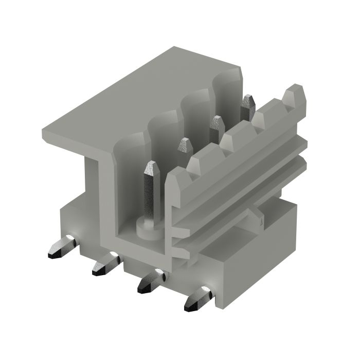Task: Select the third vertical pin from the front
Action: [x=217, y=124]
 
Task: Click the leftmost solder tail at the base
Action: [x=62, y=247]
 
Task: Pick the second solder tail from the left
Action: [x=105, y=264]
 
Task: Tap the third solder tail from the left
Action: [x=151, y=282]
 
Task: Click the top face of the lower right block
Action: [x=257, y=247]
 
